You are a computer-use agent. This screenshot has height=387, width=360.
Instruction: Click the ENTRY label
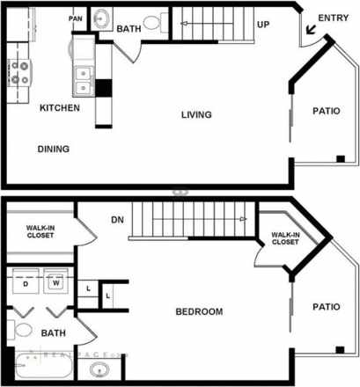click(333, 18)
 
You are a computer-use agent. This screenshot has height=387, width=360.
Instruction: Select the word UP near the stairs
click(262, 25)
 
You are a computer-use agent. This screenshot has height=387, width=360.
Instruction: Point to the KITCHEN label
click(60, 108)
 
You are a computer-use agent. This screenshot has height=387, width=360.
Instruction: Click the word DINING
click(53, 149)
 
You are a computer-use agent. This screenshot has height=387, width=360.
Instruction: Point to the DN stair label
click(117, 220)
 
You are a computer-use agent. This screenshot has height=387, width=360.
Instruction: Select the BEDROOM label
click(199, 311)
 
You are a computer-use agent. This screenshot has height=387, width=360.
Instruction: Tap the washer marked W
click(55, 284)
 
